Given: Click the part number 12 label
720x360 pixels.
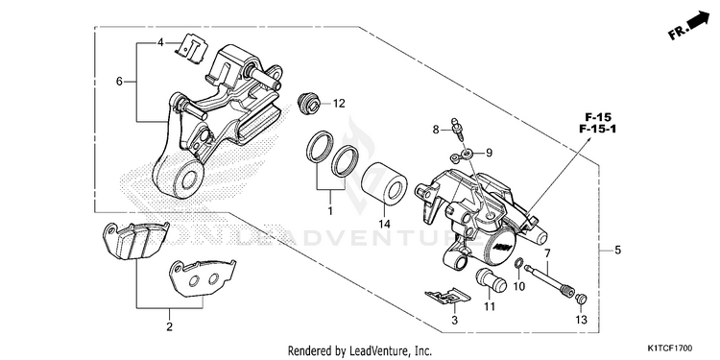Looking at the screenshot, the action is coord(339,104).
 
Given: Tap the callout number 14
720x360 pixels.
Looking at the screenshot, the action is coord(384,224).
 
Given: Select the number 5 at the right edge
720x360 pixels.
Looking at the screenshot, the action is coord(617,251).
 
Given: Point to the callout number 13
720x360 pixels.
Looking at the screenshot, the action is coord(581,320).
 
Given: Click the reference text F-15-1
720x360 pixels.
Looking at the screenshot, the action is coord(597,129).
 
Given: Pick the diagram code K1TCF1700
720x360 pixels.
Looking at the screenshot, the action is coord(670,348).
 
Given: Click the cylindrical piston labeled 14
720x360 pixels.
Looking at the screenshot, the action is coord(384,184).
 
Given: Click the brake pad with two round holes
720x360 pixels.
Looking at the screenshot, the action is coord(202,277).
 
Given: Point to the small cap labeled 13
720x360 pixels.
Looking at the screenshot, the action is coord(581,299).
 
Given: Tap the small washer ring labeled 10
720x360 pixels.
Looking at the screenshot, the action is coord(518,263).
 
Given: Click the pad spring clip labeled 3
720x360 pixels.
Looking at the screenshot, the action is coord(447,296).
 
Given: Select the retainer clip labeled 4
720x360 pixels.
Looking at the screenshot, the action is coord(192,48).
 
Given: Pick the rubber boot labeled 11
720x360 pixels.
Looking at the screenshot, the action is coord(491,279).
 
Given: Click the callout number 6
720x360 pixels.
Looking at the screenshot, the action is coord(119,82).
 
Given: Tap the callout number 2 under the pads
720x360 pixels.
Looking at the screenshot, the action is coord(169,327).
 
